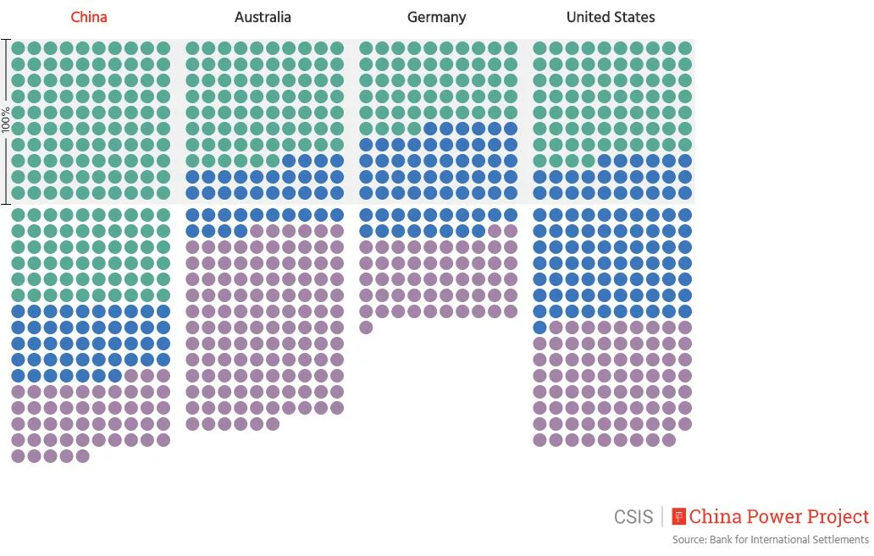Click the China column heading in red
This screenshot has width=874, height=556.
(89, 17)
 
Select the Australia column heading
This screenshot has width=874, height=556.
(263, 17)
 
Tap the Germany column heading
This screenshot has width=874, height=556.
(436, 17)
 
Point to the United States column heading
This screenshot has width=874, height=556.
(611, 17)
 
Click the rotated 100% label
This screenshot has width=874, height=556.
(7, 122)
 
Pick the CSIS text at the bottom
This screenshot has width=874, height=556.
(633, 517)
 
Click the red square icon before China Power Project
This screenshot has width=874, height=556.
(678, 516)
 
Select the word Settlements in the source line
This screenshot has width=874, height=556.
(838, 540)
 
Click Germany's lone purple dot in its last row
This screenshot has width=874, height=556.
(366, 328)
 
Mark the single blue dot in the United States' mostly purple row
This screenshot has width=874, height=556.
(539, 328)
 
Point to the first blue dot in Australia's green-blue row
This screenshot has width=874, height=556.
(289, 161)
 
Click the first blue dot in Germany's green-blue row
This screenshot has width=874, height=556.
(430, 129)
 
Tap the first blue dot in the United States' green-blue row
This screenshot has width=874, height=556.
(605, 161)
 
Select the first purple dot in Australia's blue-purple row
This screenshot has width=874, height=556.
(257, 231)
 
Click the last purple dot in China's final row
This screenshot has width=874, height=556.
(82, 456)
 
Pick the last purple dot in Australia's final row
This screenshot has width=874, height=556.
(273, 424)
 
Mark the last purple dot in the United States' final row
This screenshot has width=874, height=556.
(669, 440)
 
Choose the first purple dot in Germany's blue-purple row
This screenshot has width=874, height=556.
(495, 231)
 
